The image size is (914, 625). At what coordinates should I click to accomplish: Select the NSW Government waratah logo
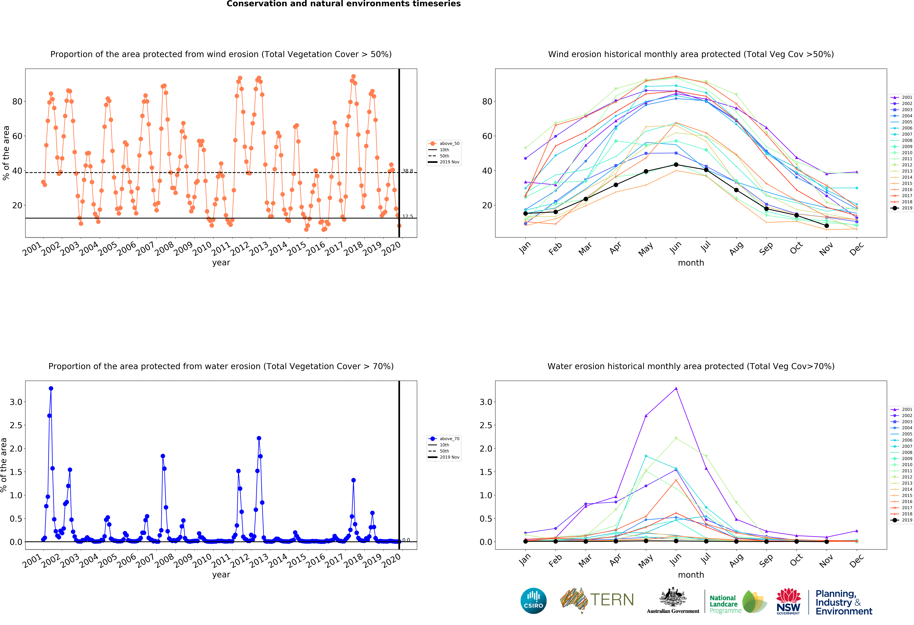click(788, 601)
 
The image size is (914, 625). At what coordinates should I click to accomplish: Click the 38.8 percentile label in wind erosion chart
click(407, 171)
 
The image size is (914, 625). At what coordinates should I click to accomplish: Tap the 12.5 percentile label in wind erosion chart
click(407, 216)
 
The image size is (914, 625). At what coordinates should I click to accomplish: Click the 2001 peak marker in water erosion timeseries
click(51, 388)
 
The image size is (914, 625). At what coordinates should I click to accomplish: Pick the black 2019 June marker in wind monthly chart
click(676, 164)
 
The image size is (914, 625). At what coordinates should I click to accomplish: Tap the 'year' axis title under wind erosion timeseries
click(221, 263)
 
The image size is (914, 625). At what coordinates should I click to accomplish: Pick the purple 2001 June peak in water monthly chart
click(676, 389)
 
